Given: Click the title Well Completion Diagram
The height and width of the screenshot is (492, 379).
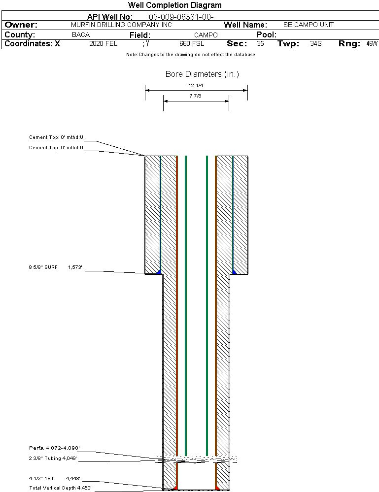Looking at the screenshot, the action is [174, 5].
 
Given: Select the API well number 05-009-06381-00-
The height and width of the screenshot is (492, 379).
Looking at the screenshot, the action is [181, 17].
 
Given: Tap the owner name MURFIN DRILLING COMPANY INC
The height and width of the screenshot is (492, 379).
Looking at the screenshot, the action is [121, 25].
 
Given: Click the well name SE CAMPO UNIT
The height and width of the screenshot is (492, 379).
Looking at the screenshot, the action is [309, 25].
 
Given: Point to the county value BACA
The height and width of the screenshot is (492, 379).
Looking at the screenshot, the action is [81, 34].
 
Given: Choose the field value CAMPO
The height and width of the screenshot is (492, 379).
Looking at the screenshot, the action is [206, 35].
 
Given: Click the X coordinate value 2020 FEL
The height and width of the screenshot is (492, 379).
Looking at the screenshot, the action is [103, 44].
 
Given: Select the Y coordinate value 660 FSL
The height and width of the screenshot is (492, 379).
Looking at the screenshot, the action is [192, 44].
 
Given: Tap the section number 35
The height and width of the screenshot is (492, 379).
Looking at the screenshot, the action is [260, 44].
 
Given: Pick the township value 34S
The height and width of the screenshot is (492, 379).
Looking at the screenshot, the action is [316, 44].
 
